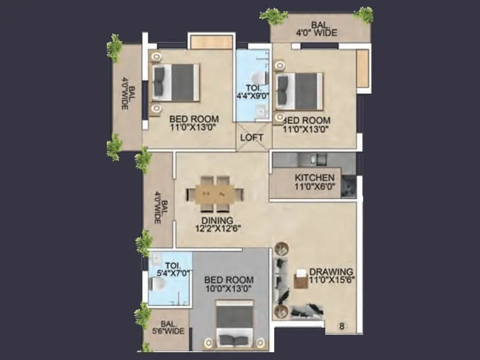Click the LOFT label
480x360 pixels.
coord(253,137)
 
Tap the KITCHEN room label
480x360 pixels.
coord(314,178)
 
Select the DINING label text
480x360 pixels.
coord(214,220)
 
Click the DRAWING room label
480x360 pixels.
coord(331,271)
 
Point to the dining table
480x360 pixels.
coord(215,193)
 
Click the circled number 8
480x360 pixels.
coord(341,326)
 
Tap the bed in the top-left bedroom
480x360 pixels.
coord(175,82)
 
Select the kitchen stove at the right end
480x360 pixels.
coord(348,187)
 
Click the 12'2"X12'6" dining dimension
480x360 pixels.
coord(214,229)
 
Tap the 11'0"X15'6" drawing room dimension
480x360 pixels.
coord(331,280)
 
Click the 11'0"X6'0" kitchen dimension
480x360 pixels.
coord(314,187)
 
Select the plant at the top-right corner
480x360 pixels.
coord(363,14)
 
